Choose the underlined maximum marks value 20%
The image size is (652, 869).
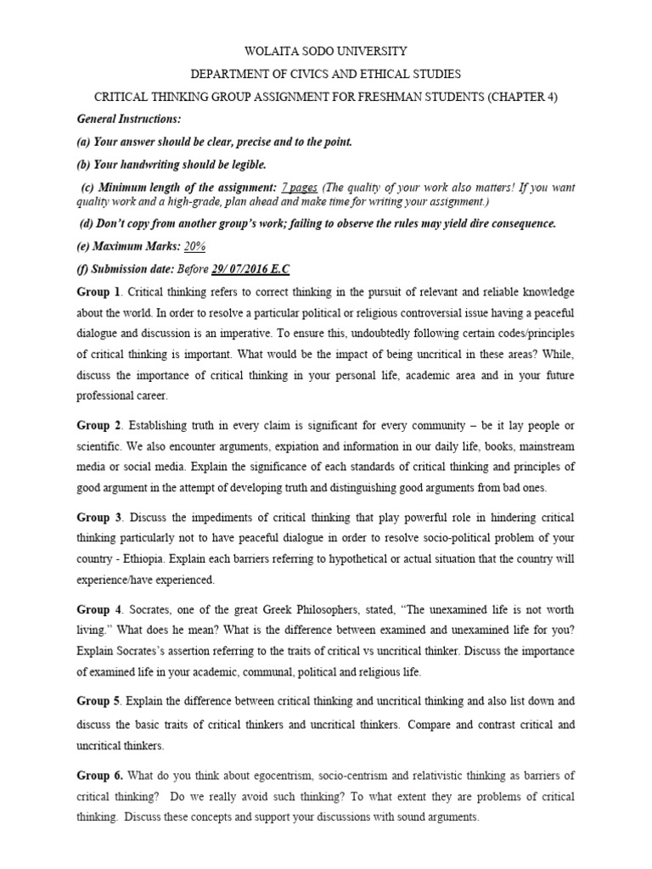[x=195, y=245]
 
